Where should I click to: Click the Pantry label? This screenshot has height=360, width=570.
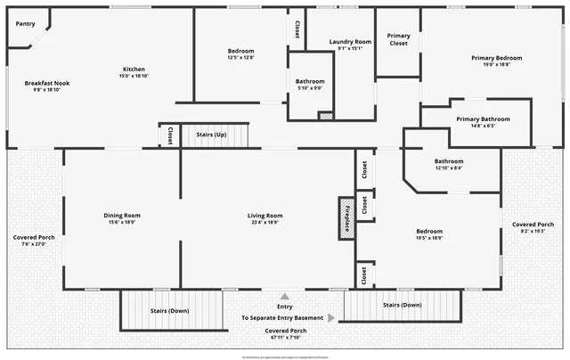coord(26,24)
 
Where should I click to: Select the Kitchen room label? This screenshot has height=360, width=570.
coord(134,70)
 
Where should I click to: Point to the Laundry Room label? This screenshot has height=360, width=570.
coord(350,42)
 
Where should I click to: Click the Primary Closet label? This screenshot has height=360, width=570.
coord(398,39)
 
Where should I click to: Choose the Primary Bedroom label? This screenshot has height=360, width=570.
coord(496,58)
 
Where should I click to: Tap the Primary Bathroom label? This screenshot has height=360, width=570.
coord(483,119)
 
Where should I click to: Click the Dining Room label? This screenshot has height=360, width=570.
coord(122,215)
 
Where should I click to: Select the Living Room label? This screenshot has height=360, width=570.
coord(265,215)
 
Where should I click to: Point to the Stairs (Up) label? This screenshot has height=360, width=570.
coord(210,135)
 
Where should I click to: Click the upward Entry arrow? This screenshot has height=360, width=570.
coord(285,297)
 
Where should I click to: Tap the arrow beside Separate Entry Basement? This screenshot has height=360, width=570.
coord(331,317)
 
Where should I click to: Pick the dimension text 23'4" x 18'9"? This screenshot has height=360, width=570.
coord(265,223)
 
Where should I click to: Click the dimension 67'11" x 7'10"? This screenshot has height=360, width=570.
coord(284,338)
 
